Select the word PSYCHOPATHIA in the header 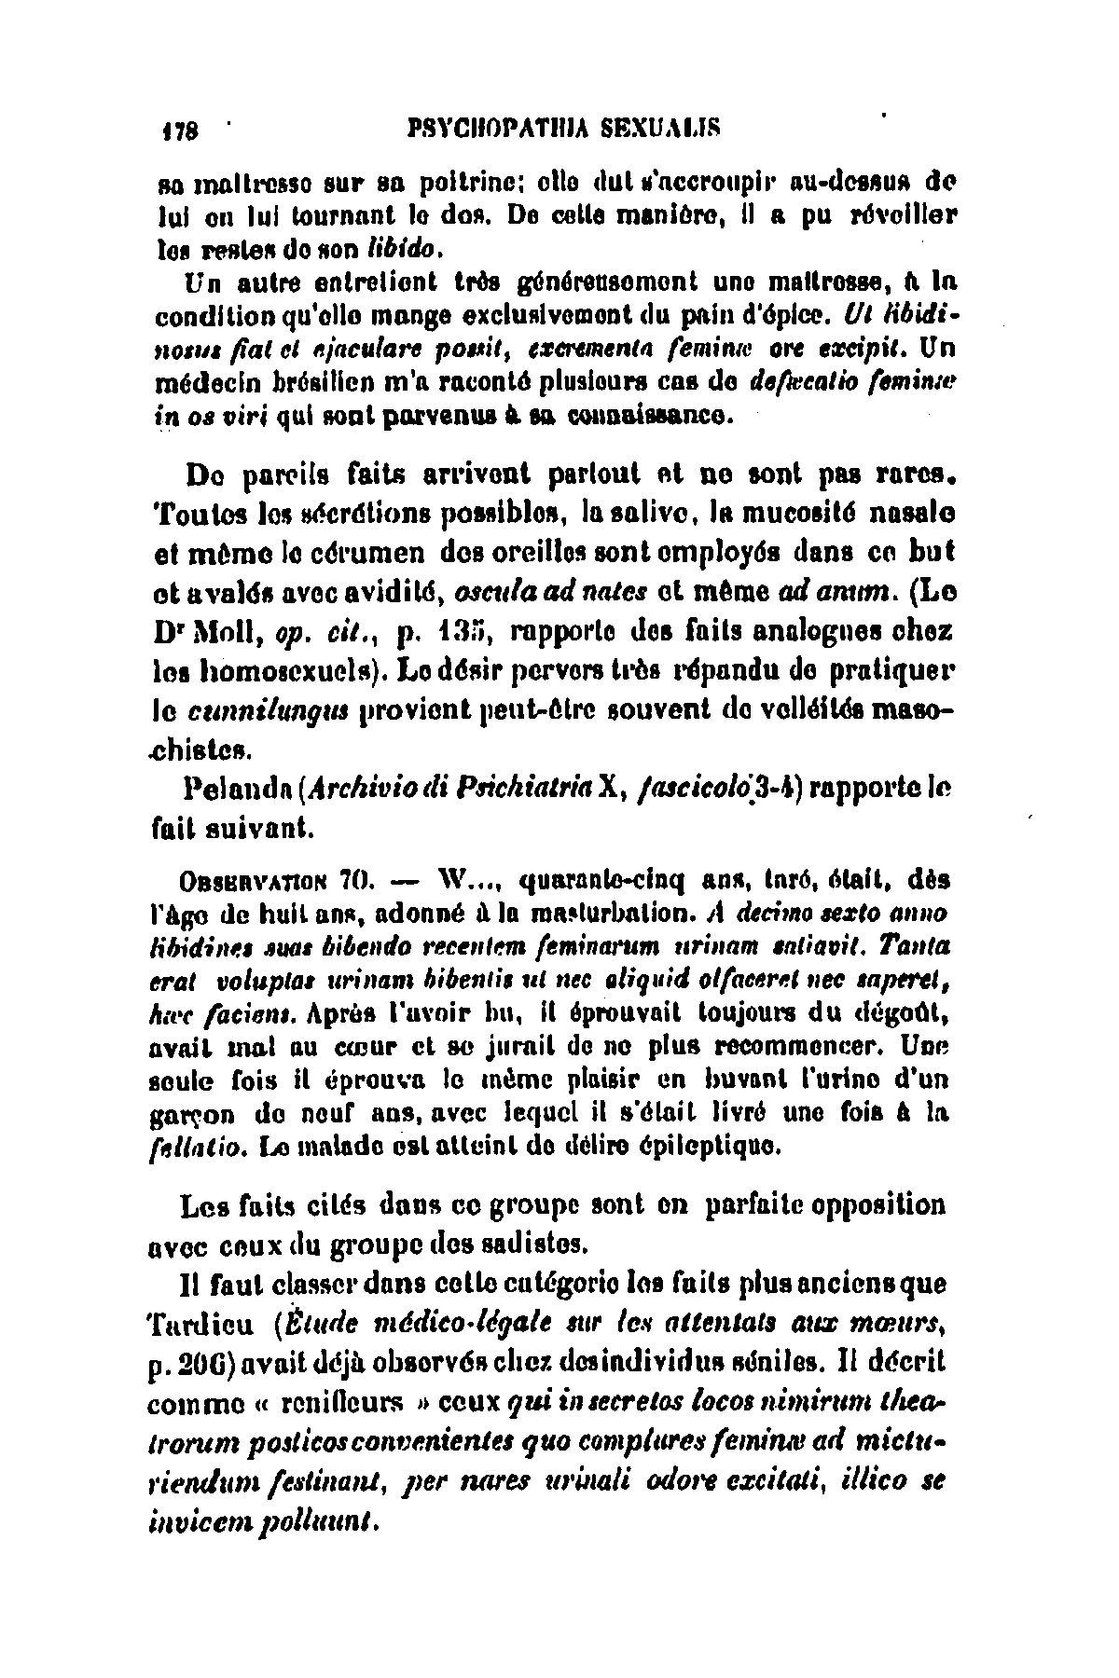coord(479,126)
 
